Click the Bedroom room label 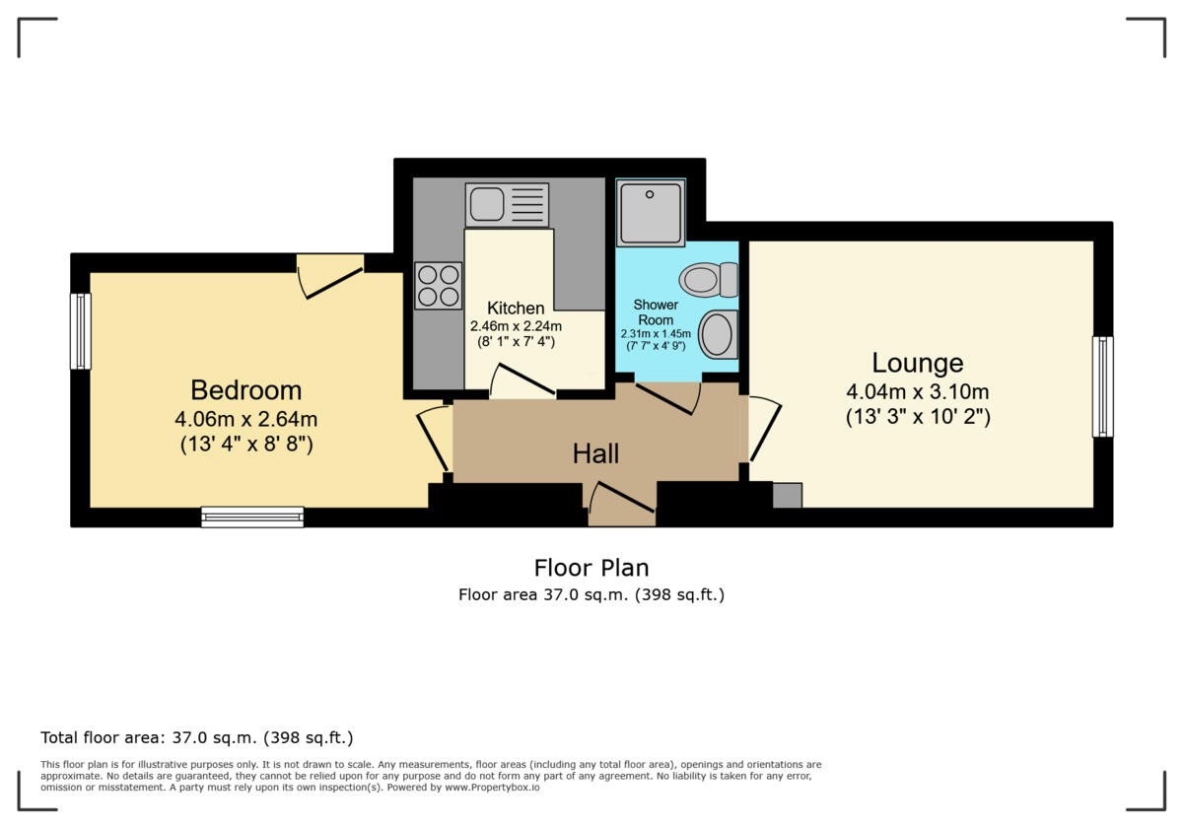(x=245, y=389)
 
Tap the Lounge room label (x=917, y=363)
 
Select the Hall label (x=595, y=453)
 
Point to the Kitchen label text (x=516, y=309)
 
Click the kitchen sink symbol (x=507, y=205)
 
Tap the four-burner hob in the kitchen (x=438, y=286)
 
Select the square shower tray (x=651, y=212)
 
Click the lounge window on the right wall (x=1102, y=386)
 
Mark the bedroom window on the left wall (x=80, y=331)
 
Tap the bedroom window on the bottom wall (x=252, y=517)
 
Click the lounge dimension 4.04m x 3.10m (x=917, y=391)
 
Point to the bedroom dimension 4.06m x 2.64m (x=245, y=419)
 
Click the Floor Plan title (x=591, y=568)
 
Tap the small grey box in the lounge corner (x=787, y=496)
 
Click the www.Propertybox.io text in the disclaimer (x=491, y=788)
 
